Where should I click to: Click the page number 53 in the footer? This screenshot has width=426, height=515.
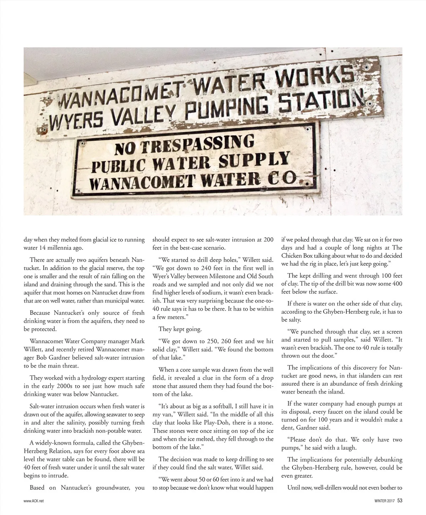[400, 501]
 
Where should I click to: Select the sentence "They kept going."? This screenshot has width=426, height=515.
[180, 329]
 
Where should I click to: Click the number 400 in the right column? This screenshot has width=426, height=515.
[397, 284]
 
